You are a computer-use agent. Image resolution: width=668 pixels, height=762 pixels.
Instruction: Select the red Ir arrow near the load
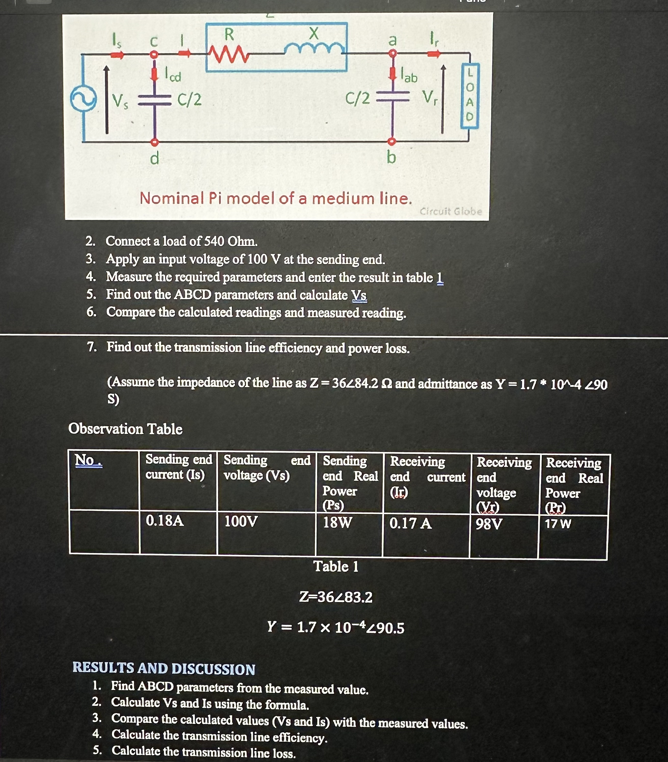tap(434, 55)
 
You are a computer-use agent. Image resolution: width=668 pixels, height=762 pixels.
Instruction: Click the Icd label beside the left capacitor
tap(173, 75)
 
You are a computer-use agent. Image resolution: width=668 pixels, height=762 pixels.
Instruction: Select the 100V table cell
tap(241, 521)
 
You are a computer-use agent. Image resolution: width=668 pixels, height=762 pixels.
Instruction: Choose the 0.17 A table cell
tap(410, 524)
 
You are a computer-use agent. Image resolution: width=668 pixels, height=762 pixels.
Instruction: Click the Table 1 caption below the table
tap(335, 566)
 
